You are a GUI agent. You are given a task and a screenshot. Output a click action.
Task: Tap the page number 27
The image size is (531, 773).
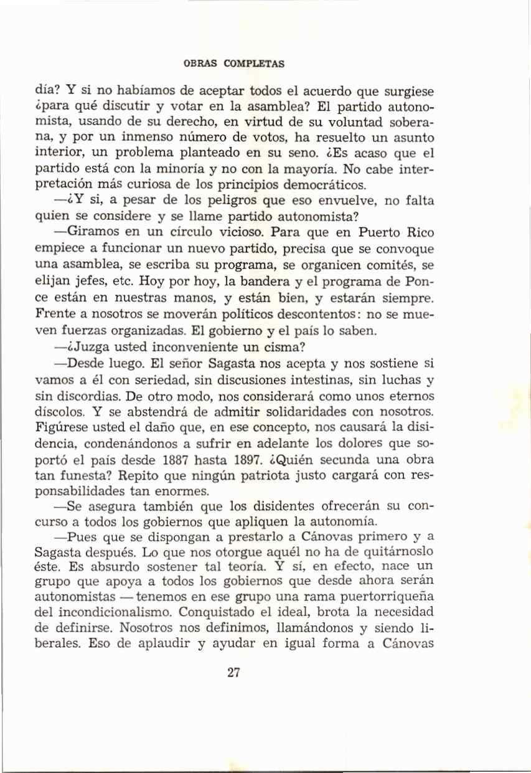(234, 673)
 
